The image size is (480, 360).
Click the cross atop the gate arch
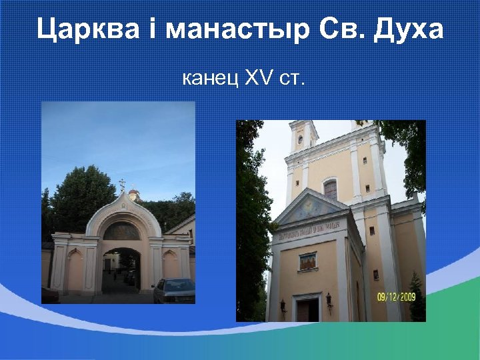tap(122, 184)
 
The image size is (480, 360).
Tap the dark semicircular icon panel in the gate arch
tap(121, 231)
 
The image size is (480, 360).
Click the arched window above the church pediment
tap(331, 189)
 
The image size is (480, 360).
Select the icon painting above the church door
tap(307, 261)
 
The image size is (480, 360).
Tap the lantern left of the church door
tap(283, 304)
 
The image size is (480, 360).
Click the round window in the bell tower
tap(301, 139)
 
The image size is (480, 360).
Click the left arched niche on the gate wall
tap(75, 267)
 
